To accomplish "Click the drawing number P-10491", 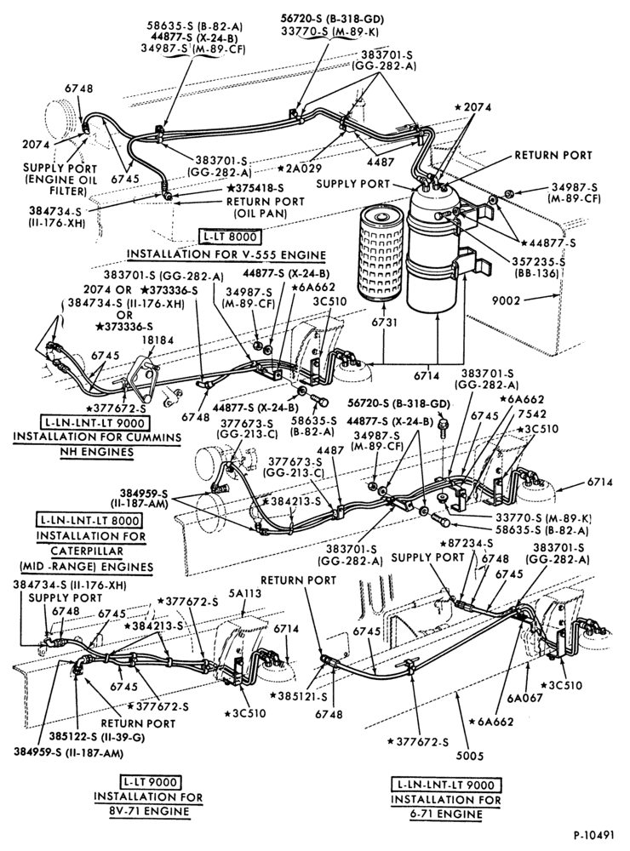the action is pos(593,835).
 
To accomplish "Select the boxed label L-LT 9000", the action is pos(149,782).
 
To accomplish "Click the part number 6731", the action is pos(385,323).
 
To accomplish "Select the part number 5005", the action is pos(470,755).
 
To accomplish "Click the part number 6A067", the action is pos(526,698).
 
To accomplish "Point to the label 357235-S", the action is pos(538,261).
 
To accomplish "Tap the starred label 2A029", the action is pos(300,168).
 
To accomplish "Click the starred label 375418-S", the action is pos(255,188).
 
